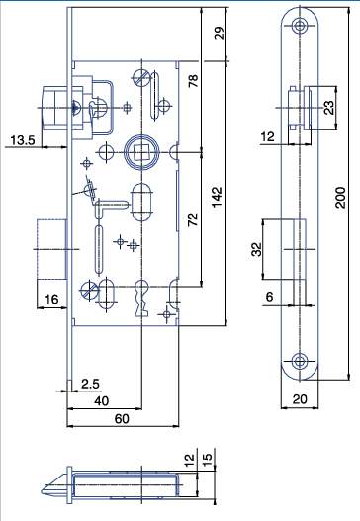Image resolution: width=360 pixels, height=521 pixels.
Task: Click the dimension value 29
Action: pyautogui.click(x=219, y=33)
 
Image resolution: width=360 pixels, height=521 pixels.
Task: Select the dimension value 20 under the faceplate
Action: pyautogui.click(x=300, y=401)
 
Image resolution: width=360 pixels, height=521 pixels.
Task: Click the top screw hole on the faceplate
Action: pyautogui.click(x=300, y=26)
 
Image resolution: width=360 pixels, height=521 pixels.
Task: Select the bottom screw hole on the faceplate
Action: pyautogui.click(x=300, y=361)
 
